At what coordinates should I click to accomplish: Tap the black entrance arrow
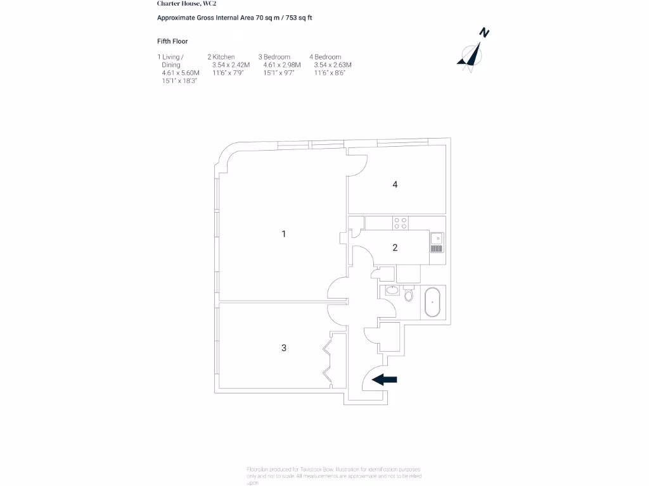click(x=384, y=380)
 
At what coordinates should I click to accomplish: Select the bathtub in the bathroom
click(x=433, y=302)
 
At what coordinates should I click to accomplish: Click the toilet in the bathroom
click(x=408, y=294)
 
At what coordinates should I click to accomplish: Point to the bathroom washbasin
click(x=392, y=290)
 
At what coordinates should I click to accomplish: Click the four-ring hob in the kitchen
click(x=401, y=223)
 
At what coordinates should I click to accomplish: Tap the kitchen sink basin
click(x=436, y=238)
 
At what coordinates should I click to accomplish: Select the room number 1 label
click(x=284, y=234)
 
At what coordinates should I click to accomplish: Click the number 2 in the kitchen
click(x=395, y=247)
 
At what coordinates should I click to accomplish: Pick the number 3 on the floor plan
click(x=284, y=347)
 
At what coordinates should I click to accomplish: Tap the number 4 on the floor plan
click(x=395, y=185)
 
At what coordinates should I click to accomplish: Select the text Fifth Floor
click(x=172, y=41)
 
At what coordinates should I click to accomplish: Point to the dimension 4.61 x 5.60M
click(x=181, y=73)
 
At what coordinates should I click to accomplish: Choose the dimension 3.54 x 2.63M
click(x=333, y=65)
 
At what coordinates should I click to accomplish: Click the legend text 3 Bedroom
click(x=274, y=57)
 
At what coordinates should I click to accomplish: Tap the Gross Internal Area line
click(x=235, y=18)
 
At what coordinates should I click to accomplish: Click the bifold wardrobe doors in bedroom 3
click(x=328, y=359)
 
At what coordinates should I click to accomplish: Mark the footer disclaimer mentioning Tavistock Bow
click(x=334, y=475)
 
